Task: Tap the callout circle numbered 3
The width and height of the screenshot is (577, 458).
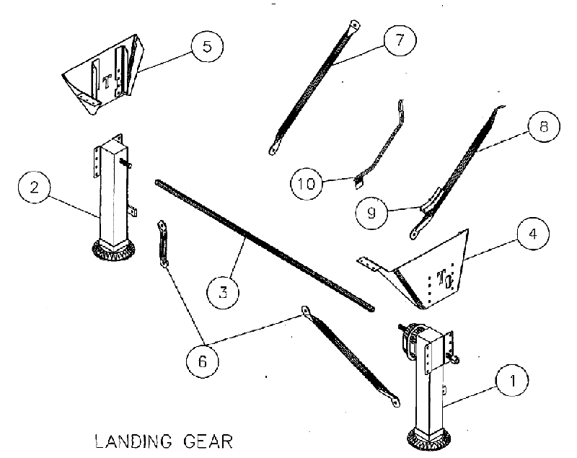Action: tap(224, 291)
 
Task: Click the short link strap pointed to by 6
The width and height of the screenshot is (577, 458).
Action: tap(164, 245)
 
